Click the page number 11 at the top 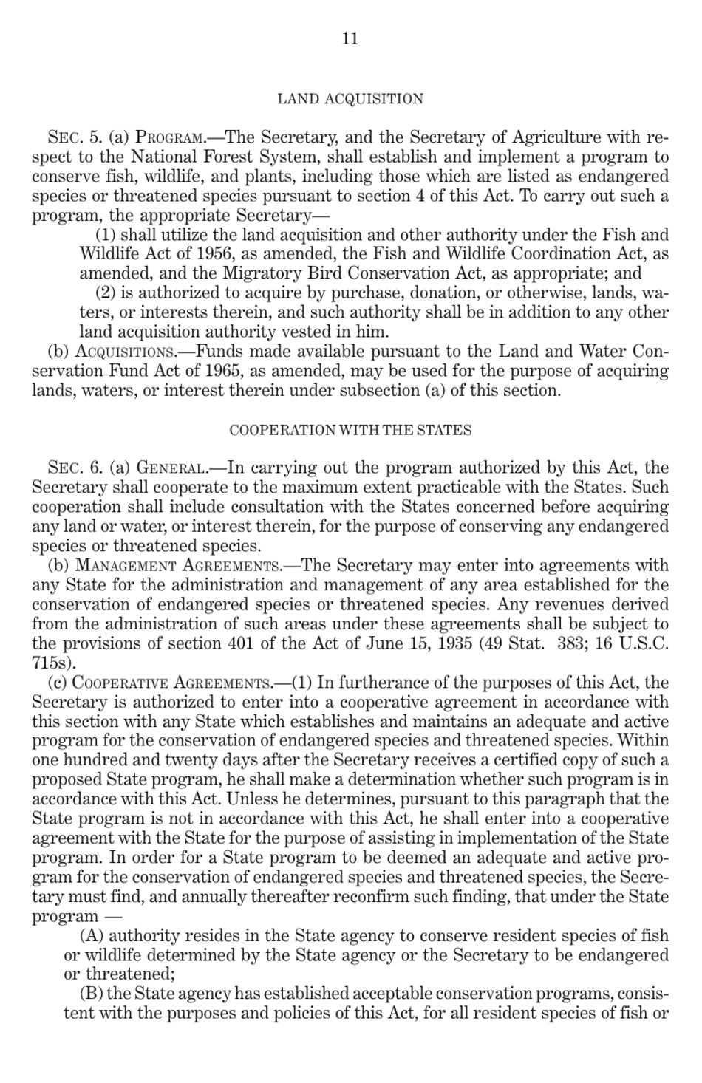click(350, 39)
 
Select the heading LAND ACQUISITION click(350, 99)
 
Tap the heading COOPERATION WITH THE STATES click(350, 430)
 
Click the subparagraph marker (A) click(92, 936)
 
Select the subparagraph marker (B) click(92, 994)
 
